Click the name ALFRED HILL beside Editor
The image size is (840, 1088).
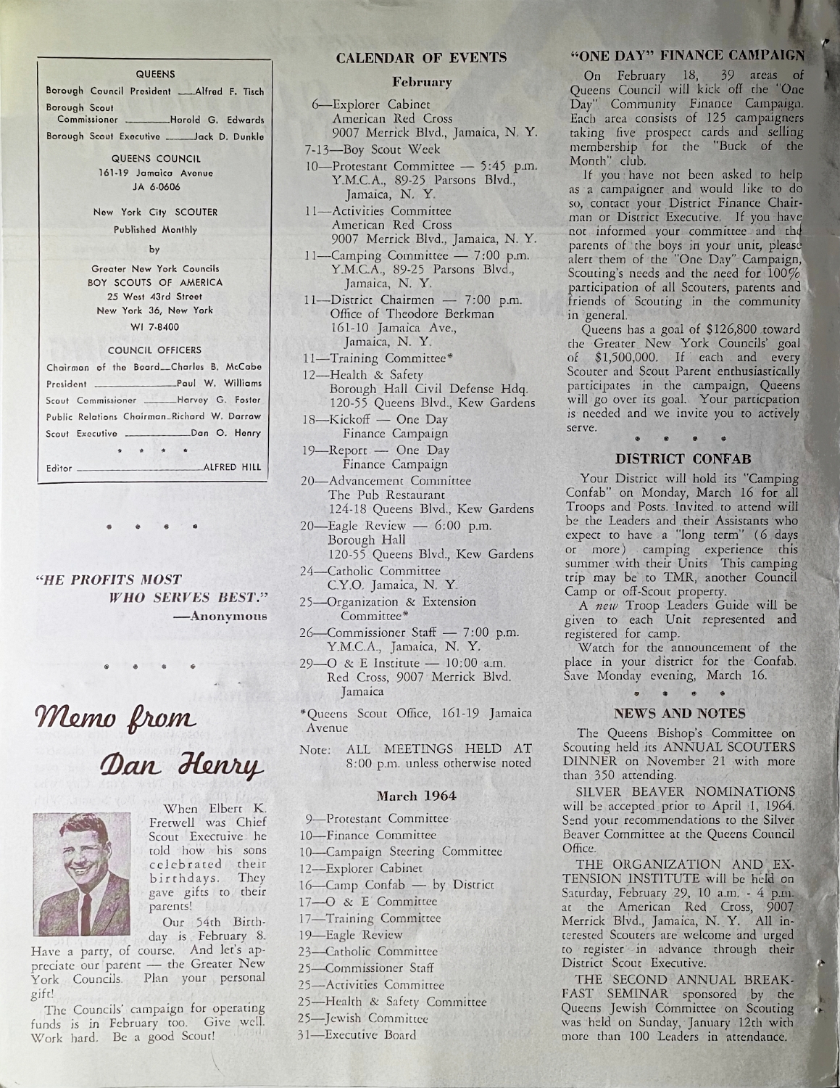pyautogui.click(x=233, y=469)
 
